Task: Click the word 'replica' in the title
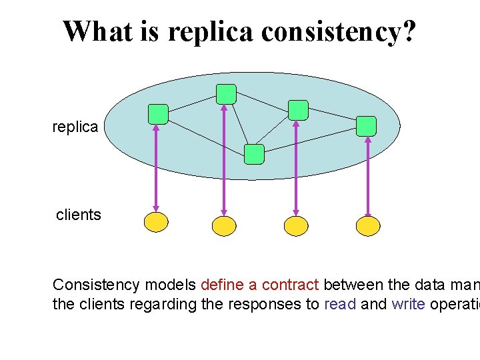click(211, 31)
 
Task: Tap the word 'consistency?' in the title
click(339, 31)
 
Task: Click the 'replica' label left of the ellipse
click(75, 127)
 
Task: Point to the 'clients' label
click(79, 215)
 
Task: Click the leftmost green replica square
click(158, 115)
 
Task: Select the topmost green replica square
click(226, 94)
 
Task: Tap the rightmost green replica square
click(366, 126)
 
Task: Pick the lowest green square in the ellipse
click(254, 154)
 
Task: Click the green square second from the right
click(298, 110)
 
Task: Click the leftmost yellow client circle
click(157, 222)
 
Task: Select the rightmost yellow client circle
click(368, 226)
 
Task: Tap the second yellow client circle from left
click(224, 226)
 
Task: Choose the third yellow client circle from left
click(296, 226)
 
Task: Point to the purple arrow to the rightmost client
click(368, 177)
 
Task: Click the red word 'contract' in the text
click(290, 285)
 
